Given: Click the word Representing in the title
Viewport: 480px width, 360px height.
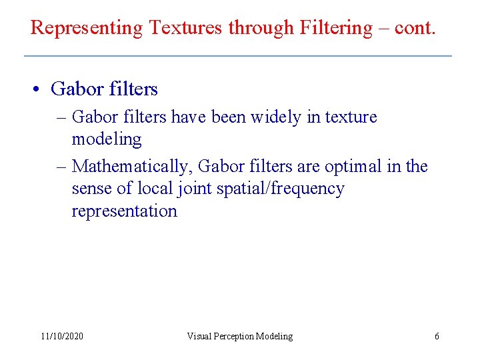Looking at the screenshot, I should [87, 28].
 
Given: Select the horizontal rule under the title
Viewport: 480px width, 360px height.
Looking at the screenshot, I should [238, 55].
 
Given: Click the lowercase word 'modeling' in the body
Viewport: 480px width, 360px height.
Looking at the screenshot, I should [107, 139].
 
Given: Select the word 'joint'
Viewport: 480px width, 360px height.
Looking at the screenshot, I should [192, 189].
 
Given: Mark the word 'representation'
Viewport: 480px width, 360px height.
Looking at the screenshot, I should [125, 211].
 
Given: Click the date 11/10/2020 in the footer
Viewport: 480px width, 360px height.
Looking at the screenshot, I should [62, 337].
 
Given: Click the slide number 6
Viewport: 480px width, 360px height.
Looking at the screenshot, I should [437, 337].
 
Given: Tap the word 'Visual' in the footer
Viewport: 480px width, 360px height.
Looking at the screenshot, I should [200, 337].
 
